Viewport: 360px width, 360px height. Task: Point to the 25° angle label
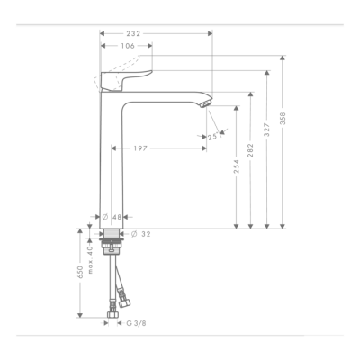pyautogui.click(x=212, y=137)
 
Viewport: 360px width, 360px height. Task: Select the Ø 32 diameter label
pyautogui.click(x=139, y=233)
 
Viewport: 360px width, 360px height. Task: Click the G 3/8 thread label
pyautogui.click(x=135, y=322)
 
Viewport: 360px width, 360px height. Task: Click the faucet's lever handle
pyautogui.click(x=126, y=76)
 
